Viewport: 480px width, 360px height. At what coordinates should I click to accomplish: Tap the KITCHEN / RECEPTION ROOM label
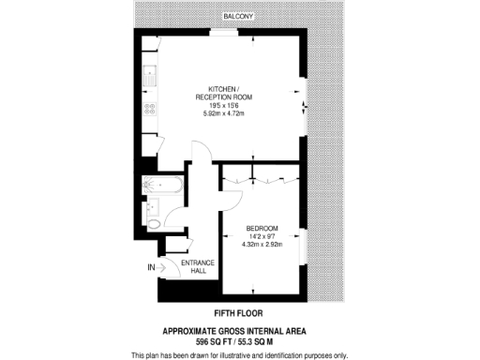(x=222, y=92)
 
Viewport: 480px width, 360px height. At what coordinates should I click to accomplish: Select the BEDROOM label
(x=262, y=228)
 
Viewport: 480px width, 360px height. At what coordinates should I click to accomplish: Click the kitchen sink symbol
(x=149, y=72)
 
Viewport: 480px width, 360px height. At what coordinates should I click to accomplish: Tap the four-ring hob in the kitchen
(x=149, y=112)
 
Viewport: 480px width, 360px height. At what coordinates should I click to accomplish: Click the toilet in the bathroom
(x=155, y=224)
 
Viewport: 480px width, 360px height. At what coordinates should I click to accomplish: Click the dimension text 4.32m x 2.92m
(x=262, y=245)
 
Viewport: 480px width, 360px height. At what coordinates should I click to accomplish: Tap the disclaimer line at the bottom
(x=239, y=354)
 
